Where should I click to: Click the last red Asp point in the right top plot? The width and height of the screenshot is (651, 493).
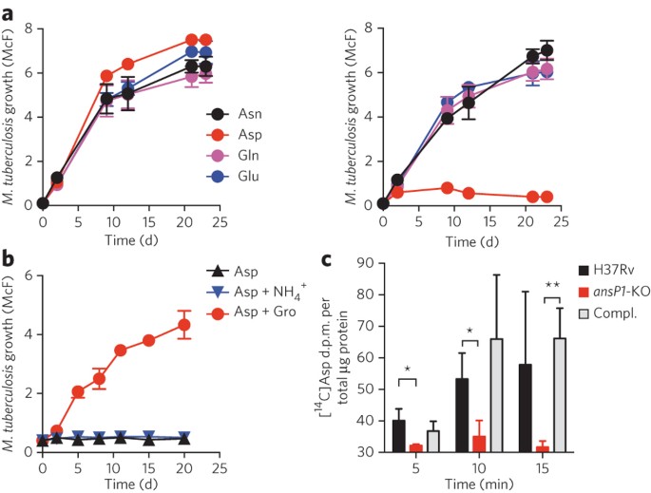(546, 197)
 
